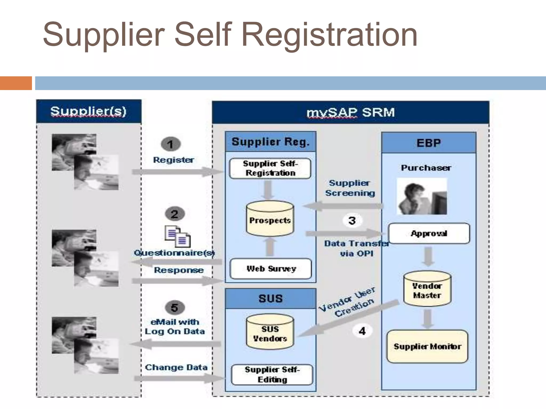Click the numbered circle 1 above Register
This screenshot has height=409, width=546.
tap(171, 144)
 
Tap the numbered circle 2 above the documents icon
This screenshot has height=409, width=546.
tap(175, 214)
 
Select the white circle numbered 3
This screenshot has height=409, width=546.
tap(352, 220)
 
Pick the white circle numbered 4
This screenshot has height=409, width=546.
tap(362, 331)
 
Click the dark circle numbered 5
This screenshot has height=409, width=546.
tap(175, 308)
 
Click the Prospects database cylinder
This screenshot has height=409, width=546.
tap(270, 219)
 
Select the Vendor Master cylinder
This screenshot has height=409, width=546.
tap(427, 289)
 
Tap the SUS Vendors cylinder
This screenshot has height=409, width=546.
tap(270, 332)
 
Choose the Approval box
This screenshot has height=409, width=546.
tap(429, 234)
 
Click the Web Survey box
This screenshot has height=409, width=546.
tap(271, 269)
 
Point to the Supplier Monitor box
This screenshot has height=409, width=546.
tap(427, 346)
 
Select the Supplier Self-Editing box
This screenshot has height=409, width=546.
tap(272, 375)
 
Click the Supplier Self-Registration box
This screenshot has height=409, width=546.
tap(270, 168)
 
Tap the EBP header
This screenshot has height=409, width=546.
tap(429, 143)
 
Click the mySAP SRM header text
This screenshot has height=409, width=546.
tap(350, 112)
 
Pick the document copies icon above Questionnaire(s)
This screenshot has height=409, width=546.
tap(178, 236)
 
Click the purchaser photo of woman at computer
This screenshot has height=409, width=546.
tap(422, 197)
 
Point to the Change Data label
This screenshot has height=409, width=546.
tap(176, 367)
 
